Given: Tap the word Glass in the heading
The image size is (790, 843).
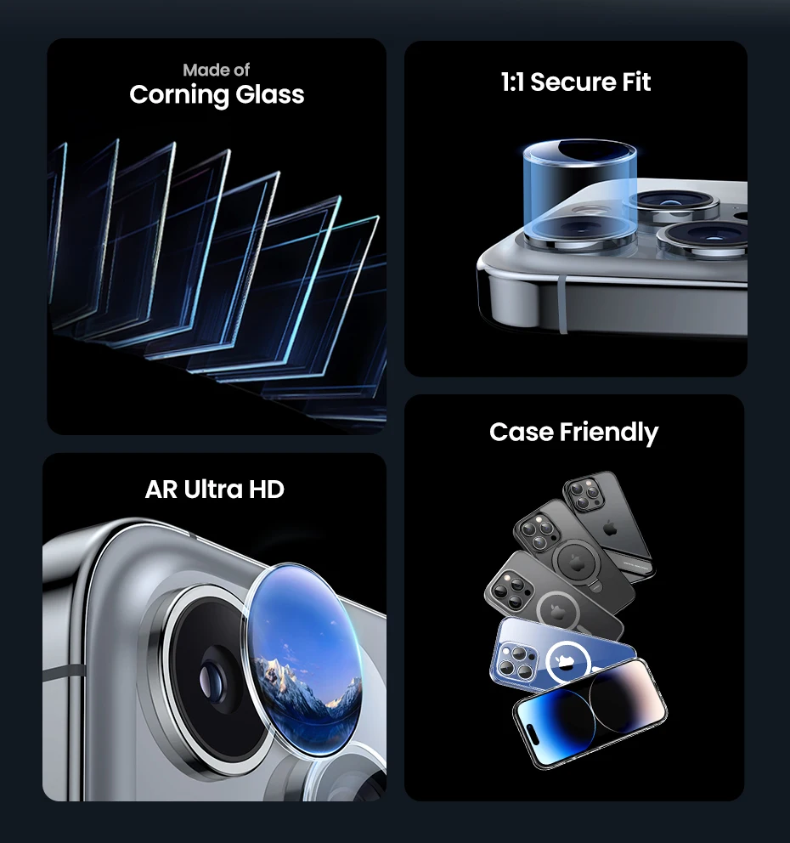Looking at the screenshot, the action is (x=270, y=94).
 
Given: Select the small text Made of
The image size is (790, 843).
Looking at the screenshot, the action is (x=216, y=70).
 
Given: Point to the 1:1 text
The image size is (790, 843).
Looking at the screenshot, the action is (x=512, y=82).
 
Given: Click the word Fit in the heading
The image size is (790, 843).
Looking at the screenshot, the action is (x=636, y=82).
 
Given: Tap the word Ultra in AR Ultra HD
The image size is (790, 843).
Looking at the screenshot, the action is (x=213, y=489).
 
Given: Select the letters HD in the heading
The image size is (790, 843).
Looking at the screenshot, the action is (x=267, y=489).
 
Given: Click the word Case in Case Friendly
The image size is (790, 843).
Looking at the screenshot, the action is (x=521, y=432).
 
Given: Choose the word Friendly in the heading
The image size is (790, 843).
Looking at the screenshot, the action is (x=609, y=433).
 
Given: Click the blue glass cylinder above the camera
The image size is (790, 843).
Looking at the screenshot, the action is (x=580, y=191).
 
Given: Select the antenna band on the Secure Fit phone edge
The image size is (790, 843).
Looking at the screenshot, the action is (x=562, y=303).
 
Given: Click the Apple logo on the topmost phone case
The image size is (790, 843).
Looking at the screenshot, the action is (x=610, y=529).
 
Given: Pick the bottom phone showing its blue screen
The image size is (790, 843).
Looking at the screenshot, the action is (x=590, y=712).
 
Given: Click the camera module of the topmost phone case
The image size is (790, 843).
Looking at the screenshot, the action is (x=584, y=494).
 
